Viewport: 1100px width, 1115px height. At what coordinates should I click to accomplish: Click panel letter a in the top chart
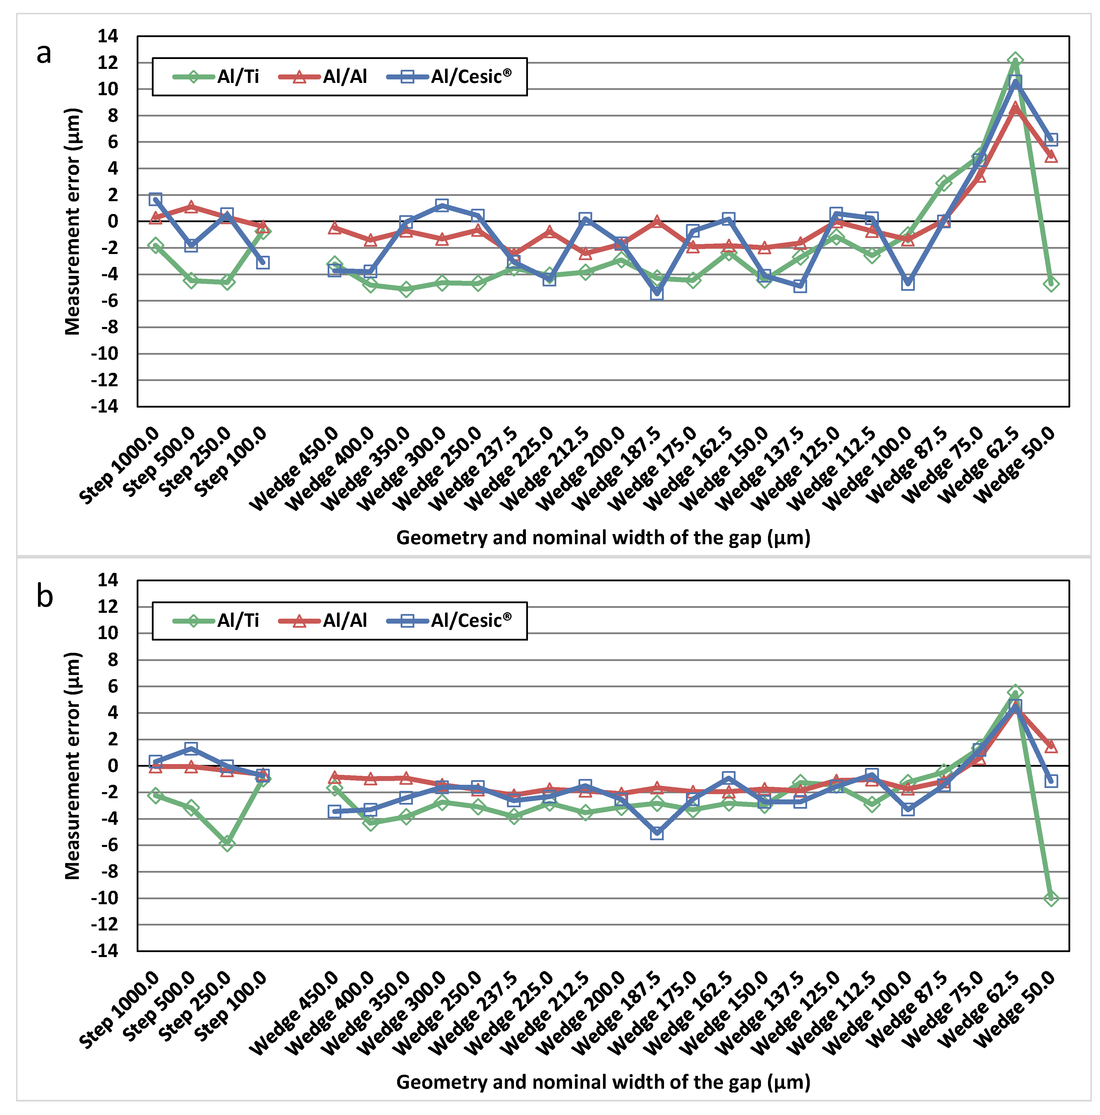coord(44,54)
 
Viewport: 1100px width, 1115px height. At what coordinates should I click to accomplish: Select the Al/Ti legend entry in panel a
coord(216,76)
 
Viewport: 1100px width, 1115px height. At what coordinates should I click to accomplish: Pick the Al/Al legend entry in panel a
coord(323,76)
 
